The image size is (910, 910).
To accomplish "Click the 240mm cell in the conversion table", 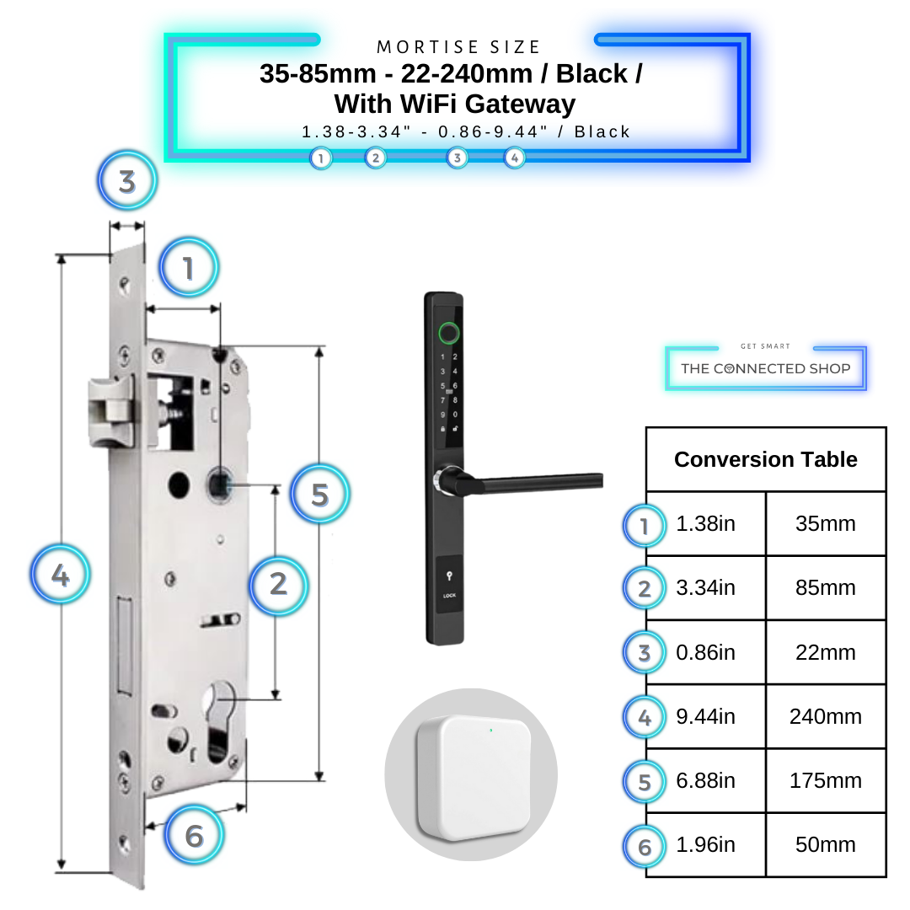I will click(825, 717).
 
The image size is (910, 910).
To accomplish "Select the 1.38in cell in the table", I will click(705, 524).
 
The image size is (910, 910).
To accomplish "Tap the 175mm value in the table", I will click(825, 781).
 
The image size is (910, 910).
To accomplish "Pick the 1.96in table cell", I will click(705, 845).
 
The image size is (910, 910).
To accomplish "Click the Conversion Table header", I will click(765, 460).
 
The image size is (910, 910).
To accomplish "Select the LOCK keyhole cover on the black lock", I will click(449, 586).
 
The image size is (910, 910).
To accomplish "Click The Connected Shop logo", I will click(765, 368).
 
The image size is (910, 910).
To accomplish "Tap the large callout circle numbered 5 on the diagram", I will click(319, 495).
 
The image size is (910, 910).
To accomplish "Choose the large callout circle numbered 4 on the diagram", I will click(61, 576).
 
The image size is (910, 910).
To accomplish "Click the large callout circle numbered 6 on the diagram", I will click(195, 836).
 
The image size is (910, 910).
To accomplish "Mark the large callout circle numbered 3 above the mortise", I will click(127, 181).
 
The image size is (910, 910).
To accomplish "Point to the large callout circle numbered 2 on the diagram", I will click(278, 583).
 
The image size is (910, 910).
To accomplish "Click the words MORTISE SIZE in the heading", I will click(459, 47).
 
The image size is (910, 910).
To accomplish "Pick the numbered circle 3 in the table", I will click(645, 653).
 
